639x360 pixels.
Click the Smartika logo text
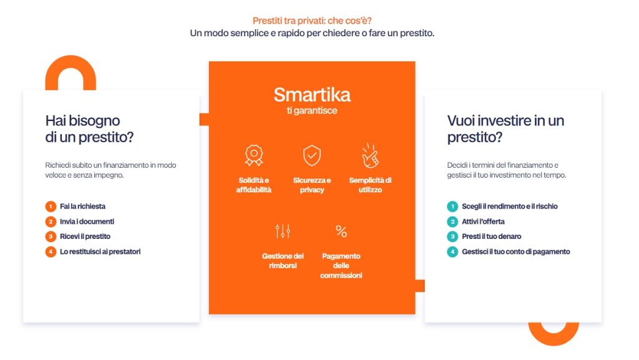click(312, 95)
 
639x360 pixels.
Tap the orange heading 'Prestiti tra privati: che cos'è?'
click(312, 21)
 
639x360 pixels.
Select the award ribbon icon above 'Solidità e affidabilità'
click(254, 155)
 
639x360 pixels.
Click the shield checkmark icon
click(312, 155)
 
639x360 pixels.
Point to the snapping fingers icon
click(370, 155)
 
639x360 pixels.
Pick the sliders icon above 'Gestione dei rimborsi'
click(283, 231)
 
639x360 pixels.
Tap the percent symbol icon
click(341, 231)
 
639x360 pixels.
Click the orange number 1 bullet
click(51, 207)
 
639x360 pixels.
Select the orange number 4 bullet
click(51, 251)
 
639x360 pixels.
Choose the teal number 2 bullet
click(452, 221)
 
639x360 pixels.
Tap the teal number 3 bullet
click(452, 236)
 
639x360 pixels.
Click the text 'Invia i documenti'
click(87, 221)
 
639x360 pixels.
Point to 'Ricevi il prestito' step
click(85, 236)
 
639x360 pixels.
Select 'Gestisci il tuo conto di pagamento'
click(516, 251)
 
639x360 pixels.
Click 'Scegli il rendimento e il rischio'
click(509, 207)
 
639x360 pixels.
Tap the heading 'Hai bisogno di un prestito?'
click(89, 129)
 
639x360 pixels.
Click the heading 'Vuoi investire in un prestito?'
click(505, 129)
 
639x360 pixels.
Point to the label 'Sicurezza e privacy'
click(312, 185)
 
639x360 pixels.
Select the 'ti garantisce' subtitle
click(312, 110)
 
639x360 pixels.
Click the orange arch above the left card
click(71, 65)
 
